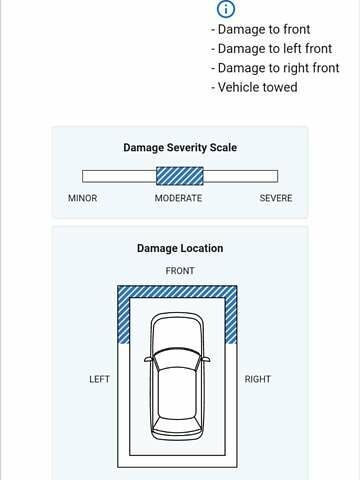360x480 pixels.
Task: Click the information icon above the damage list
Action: coord(226,9)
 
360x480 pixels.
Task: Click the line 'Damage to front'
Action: coord(261,29)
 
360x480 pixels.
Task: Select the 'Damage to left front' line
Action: coord(272,49)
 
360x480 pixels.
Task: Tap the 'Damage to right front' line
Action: coord(275,68)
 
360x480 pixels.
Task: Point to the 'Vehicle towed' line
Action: coord(254,87)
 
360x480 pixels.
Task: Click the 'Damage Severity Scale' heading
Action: coord(180,148)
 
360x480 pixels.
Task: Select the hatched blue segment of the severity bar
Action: coord(180,176)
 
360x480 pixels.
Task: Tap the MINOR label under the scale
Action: coord(83,198)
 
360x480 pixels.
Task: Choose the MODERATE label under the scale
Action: coord(178,198)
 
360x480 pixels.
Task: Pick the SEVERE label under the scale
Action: coord(276,198)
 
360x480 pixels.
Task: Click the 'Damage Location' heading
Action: coord(180,248)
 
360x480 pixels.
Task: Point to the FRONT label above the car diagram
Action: coord(180,271)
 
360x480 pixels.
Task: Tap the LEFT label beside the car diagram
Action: coord(99,379)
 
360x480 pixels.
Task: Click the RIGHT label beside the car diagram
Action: coord(258,379)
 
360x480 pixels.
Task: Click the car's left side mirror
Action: coord(148,359)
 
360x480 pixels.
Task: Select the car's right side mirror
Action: coord(206,359)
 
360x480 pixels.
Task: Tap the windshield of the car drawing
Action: coord(177,359)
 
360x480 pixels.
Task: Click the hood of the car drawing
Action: coord(177,333)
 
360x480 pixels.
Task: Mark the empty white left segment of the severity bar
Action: coord(119,176)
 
